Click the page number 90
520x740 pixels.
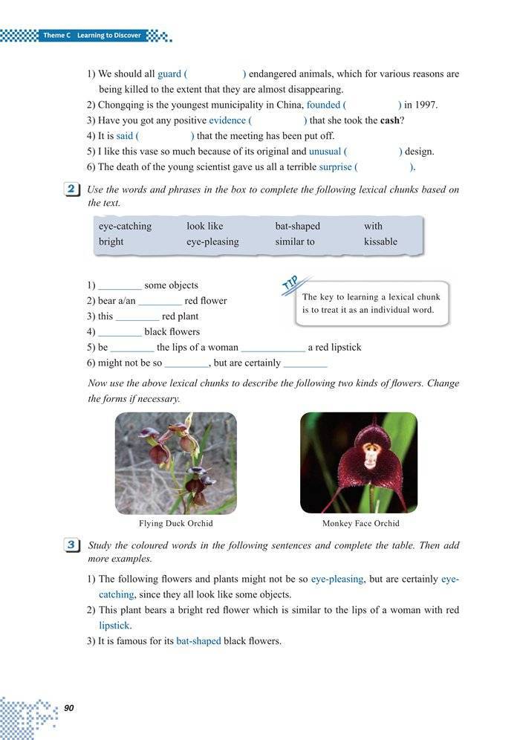[69, 707]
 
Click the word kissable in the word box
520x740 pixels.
[380, 241]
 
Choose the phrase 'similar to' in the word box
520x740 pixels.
[295, 241]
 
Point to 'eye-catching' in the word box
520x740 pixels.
[125, 226]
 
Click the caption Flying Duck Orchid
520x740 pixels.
[176, 523]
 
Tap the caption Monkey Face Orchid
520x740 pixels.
[361, 523]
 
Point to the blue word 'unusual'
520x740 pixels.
[325, 152]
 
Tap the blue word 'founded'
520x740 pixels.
[324, 105]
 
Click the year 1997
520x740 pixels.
[424, 105]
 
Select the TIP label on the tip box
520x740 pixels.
[290, 283]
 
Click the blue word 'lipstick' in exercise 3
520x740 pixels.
[114, 626]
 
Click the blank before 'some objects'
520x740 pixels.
[120, 286]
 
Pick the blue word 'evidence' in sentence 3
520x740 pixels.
[227, 120]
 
